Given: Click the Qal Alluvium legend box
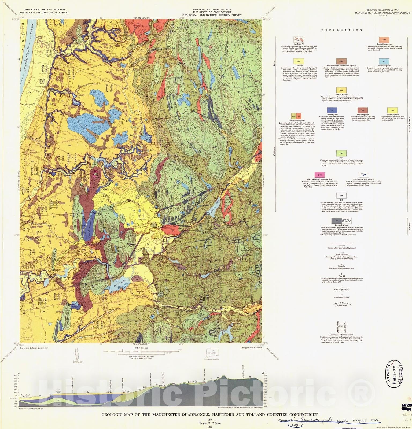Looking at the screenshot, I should click(x=299, y=61).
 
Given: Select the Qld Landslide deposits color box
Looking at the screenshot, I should click(x=384, y=40).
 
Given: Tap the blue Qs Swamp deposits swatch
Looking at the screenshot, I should click(x=384, y=61).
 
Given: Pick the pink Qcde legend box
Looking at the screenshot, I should click(x=319, y=175).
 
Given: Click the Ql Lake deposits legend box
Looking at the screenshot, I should click(x=332, y=110).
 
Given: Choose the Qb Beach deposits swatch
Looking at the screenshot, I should click(x=362, y=110).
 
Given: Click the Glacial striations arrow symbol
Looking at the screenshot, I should click(x=341, y=253).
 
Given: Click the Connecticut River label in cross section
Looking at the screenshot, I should click(x=25, y=396).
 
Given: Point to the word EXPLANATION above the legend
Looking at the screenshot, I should click(x=342, y=30).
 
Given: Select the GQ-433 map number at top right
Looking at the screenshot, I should click(x=382, y=16).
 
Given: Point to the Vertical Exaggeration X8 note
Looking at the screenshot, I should click(x=31, y=408).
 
